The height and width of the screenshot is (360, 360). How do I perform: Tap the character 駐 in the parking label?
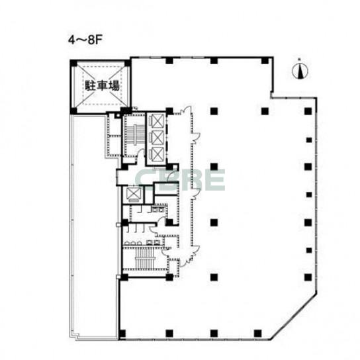click(x=89, y=86)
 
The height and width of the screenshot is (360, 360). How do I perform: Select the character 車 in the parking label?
click(x=101, y=86)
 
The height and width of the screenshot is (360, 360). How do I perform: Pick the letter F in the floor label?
click(x=99, y=39)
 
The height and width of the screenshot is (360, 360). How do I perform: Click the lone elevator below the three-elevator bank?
click(x=133, y=194)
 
